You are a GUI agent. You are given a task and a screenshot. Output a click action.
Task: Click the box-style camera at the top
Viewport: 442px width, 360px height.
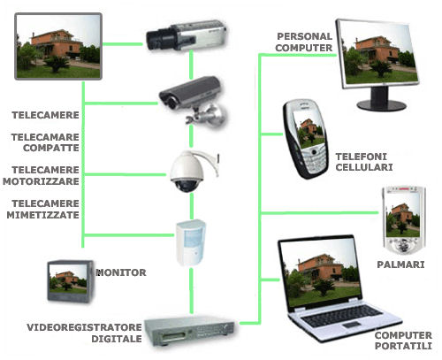[187, 35]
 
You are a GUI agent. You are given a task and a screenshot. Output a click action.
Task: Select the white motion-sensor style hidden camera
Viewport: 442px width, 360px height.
[191, 242]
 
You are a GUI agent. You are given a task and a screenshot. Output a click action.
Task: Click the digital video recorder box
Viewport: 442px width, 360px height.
[189, 330]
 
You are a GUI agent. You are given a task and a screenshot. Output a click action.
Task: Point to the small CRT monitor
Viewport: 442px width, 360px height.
[71, 281]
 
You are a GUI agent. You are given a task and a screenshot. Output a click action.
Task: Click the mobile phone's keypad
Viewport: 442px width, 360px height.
[316, 160]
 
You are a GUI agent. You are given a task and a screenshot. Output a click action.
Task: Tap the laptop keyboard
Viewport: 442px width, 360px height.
[342, 316]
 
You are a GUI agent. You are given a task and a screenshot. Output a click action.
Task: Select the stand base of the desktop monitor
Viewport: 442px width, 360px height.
[381, 105]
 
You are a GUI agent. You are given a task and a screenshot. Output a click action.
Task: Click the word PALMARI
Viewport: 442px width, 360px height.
[400, 264]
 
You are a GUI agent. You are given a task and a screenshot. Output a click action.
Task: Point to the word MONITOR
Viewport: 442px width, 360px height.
[121, 272]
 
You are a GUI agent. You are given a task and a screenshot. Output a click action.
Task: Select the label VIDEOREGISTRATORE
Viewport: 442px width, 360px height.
[84, 327]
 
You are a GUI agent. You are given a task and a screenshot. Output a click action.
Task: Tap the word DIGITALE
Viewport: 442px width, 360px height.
[117, 339]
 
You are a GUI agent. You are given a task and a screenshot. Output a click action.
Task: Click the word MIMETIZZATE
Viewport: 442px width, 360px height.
[43, 215]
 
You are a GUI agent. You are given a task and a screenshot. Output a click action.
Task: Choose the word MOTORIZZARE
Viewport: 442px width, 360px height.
[41, 181]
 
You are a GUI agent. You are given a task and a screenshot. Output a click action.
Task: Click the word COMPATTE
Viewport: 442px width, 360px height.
[51, 148]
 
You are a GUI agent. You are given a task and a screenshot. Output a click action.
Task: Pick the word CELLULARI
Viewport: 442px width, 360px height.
[364, 167]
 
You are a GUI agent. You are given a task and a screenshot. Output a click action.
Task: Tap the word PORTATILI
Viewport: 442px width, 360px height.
[403, 346]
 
